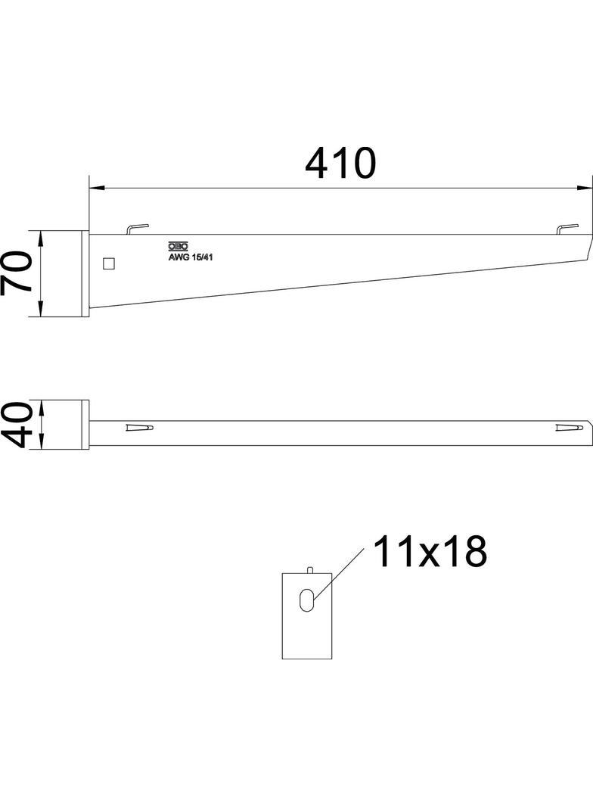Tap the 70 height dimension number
[x=17, y=273]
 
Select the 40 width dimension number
[x=17, y=425]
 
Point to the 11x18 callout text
[x=429, y=553]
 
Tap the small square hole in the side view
[x=109, y=263]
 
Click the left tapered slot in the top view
[x=139, y=428]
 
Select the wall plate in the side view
[x=85, y=273]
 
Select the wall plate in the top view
[x=85, y=425]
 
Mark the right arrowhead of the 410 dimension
[x=585, y=187]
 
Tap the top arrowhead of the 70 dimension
[x=42, y=237]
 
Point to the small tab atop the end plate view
[x=309, y=569]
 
